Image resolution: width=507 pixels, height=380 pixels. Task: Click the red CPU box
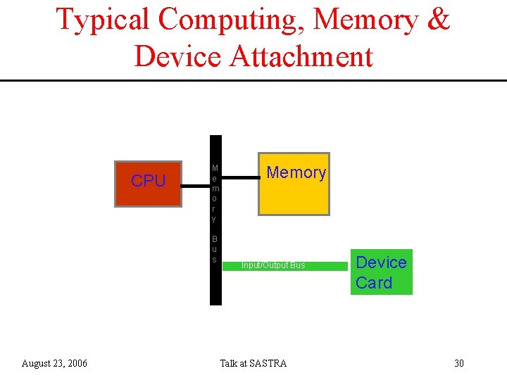click(x=148, y=184)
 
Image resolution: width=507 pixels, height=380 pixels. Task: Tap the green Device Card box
click(x=382, y=272)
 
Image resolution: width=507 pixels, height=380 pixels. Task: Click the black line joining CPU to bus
click(x=195, y=186)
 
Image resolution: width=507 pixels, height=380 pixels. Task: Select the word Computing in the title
click(x=232, y=20)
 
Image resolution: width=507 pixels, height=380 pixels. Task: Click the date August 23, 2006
click(x=55, y=363)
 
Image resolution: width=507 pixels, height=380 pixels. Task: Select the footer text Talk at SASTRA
click(x=253, y=363)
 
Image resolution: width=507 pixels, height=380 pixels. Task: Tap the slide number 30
click(x=458, y=363)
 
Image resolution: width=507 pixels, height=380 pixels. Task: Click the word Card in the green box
click(x=374, y=283)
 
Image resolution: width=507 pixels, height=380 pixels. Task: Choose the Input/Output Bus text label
click(x=273, y=265)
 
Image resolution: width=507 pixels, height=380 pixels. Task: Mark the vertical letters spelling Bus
click(x=214, y=249)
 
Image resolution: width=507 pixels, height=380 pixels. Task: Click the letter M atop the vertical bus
click(x=214, y=168)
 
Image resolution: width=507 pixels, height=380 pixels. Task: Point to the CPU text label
click(x=148, y=181)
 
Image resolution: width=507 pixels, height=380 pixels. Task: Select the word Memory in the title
click(x=365, y=20)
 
